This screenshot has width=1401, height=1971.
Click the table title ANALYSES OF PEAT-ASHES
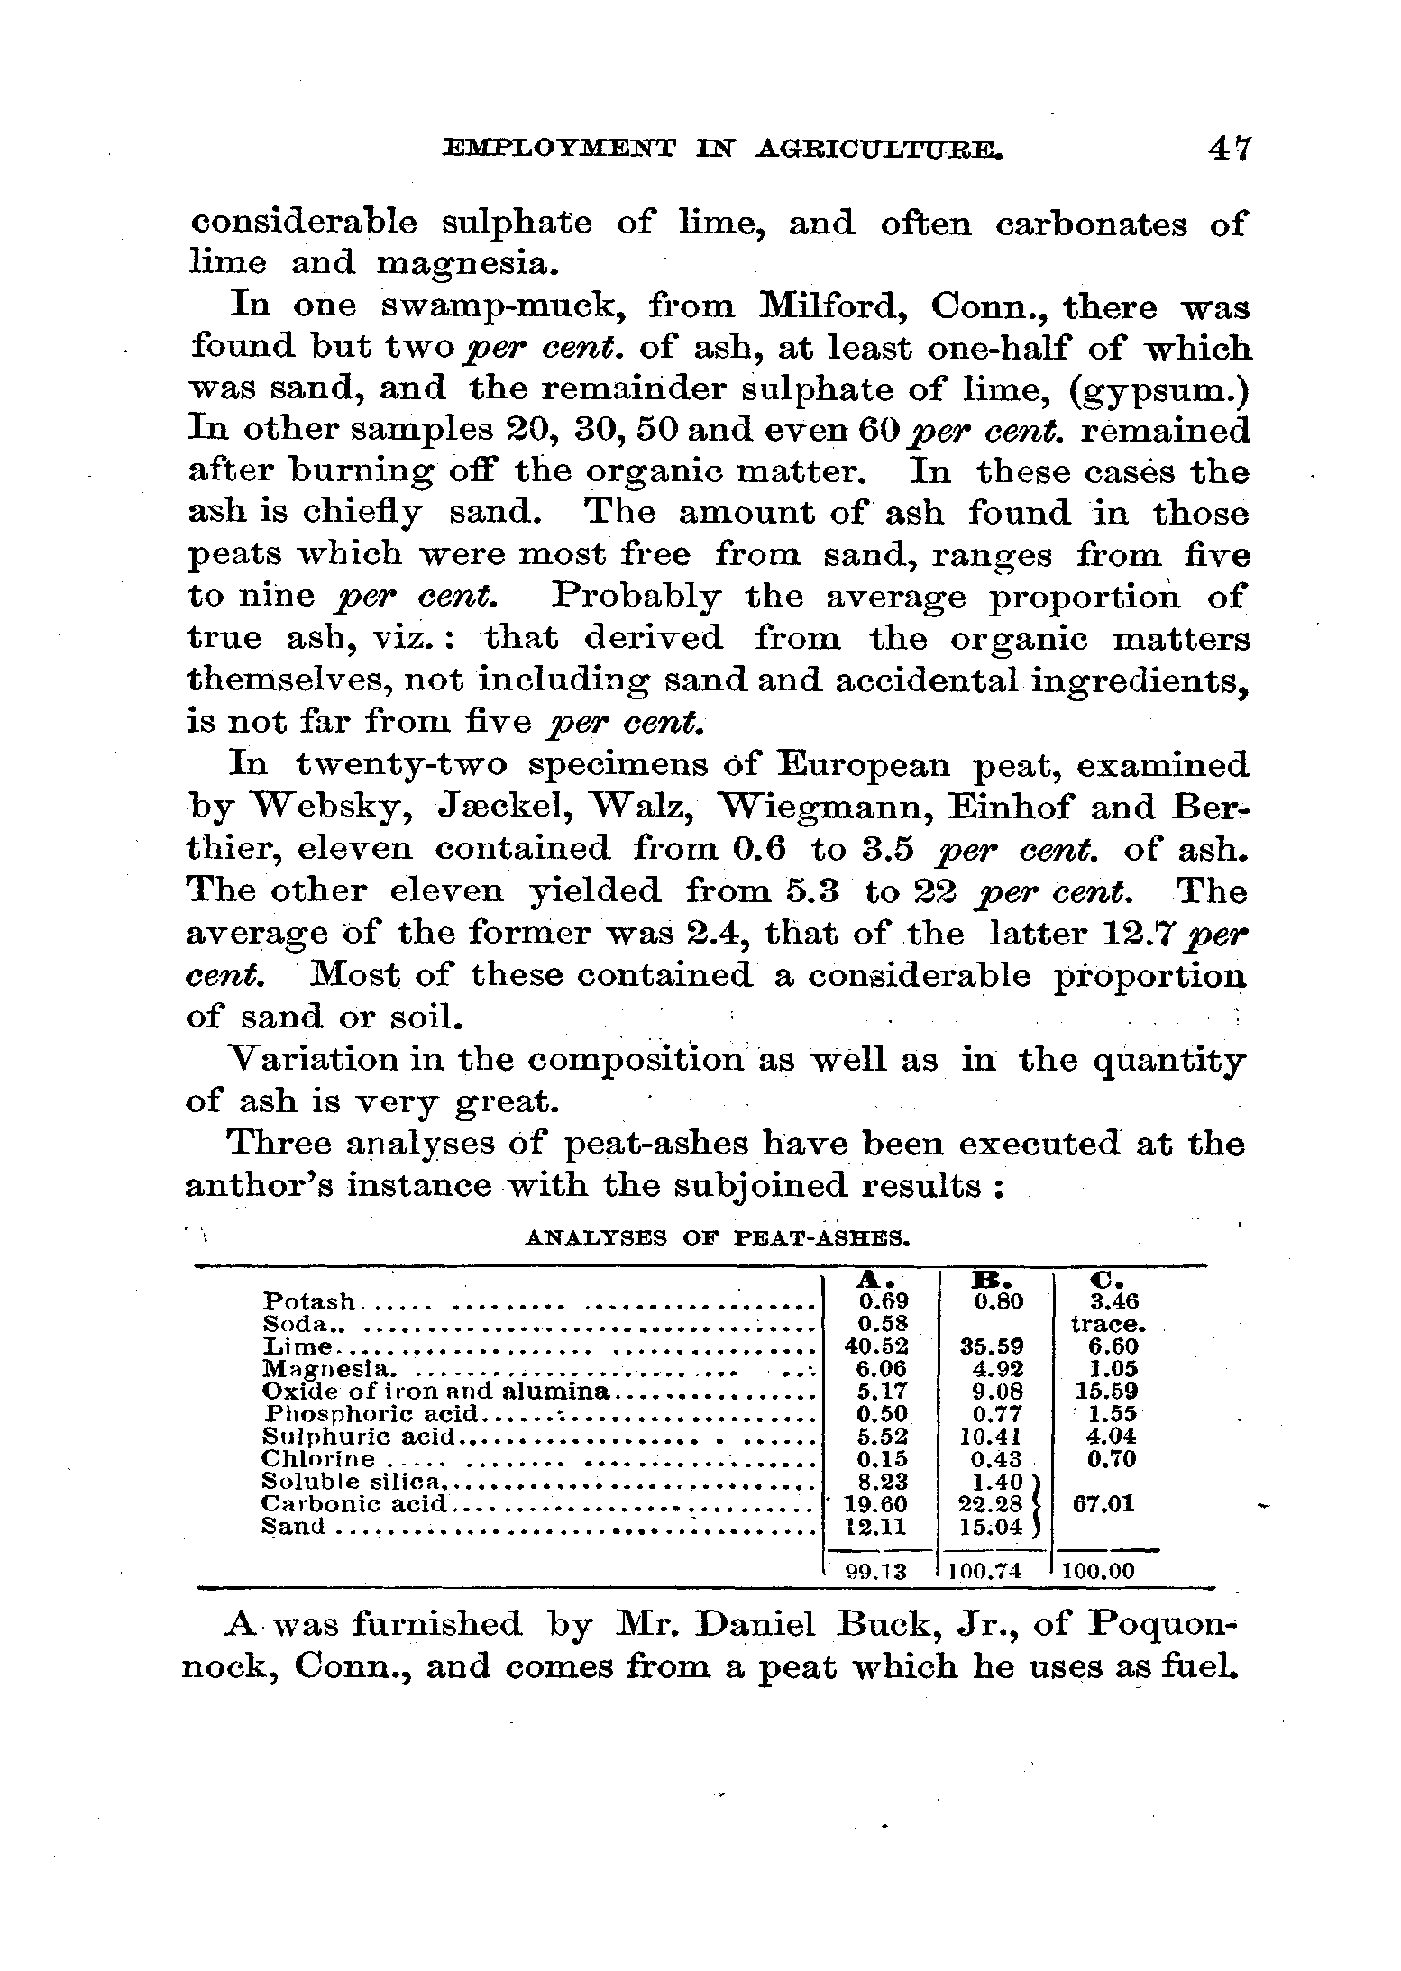[717, 1237]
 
